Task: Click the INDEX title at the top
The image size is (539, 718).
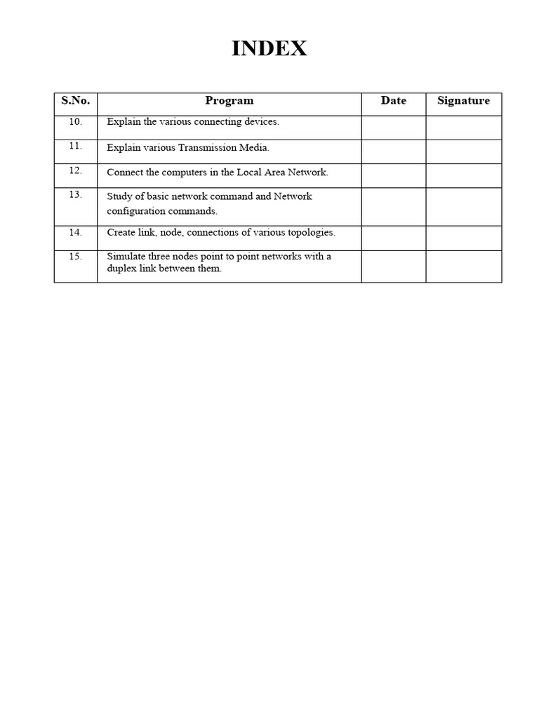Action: (x=269, y=49)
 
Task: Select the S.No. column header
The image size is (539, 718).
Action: (x=76, y=100)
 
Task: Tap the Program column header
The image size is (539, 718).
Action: (x=229, y=100)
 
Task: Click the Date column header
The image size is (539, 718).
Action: (x=393, y=100)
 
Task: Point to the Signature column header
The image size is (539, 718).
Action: (x=463, y=100)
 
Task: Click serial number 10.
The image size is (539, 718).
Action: (x=76, y=121)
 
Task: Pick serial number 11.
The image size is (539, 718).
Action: (x=76, y=146)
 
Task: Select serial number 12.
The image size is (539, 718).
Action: (x=76, y=170)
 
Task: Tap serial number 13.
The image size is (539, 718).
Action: (x=76, y=195)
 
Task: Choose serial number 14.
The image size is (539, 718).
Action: (x=76, y=232)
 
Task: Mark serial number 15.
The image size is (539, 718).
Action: (x=76, y=257)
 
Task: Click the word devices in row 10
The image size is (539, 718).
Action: (x=260, y=122)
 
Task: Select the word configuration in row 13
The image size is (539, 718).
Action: (x=138, y=211)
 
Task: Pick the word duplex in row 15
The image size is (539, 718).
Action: (x=121, y=269)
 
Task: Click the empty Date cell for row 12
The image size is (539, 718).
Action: (x=393, y=175)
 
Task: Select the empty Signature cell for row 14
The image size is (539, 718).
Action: (x=463, y=238)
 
